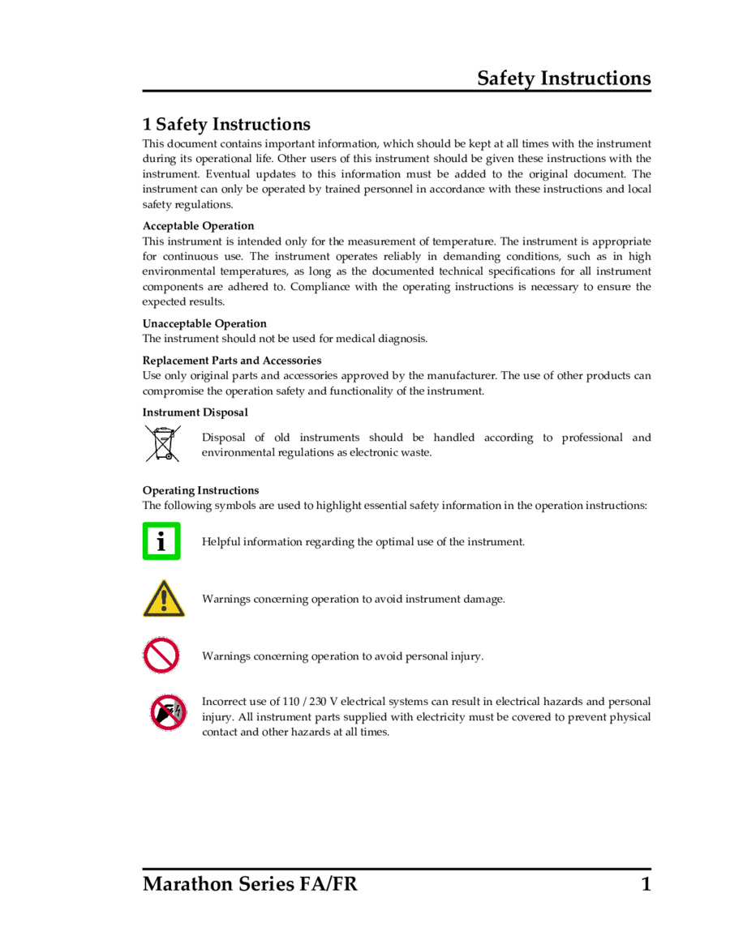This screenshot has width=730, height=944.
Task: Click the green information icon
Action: point(161,541)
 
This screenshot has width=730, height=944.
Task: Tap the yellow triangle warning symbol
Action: point(164,599)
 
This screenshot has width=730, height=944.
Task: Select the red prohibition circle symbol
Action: point(161,655)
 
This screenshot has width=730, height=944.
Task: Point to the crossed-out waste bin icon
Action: point(163,444)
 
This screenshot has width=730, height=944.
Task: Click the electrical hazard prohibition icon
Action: point(168,713)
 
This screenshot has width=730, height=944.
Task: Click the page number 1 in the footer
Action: point(646,884)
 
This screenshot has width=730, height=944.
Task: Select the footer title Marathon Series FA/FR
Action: point(250,884)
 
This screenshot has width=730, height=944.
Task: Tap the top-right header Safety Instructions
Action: point(564,79)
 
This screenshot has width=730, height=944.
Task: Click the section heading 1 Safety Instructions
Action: point(226,124)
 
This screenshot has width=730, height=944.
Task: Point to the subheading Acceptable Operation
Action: point(198,226)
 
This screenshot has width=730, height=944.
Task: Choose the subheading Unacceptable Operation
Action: point(204,323)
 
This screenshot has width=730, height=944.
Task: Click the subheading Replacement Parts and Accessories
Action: point(232,361)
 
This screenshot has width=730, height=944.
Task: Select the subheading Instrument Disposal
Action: point(195,412)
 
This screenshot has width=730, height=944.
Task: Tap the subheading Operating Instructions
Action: point(201,490)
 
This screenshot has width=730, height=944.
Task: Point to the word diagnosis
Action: point(402,339)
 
